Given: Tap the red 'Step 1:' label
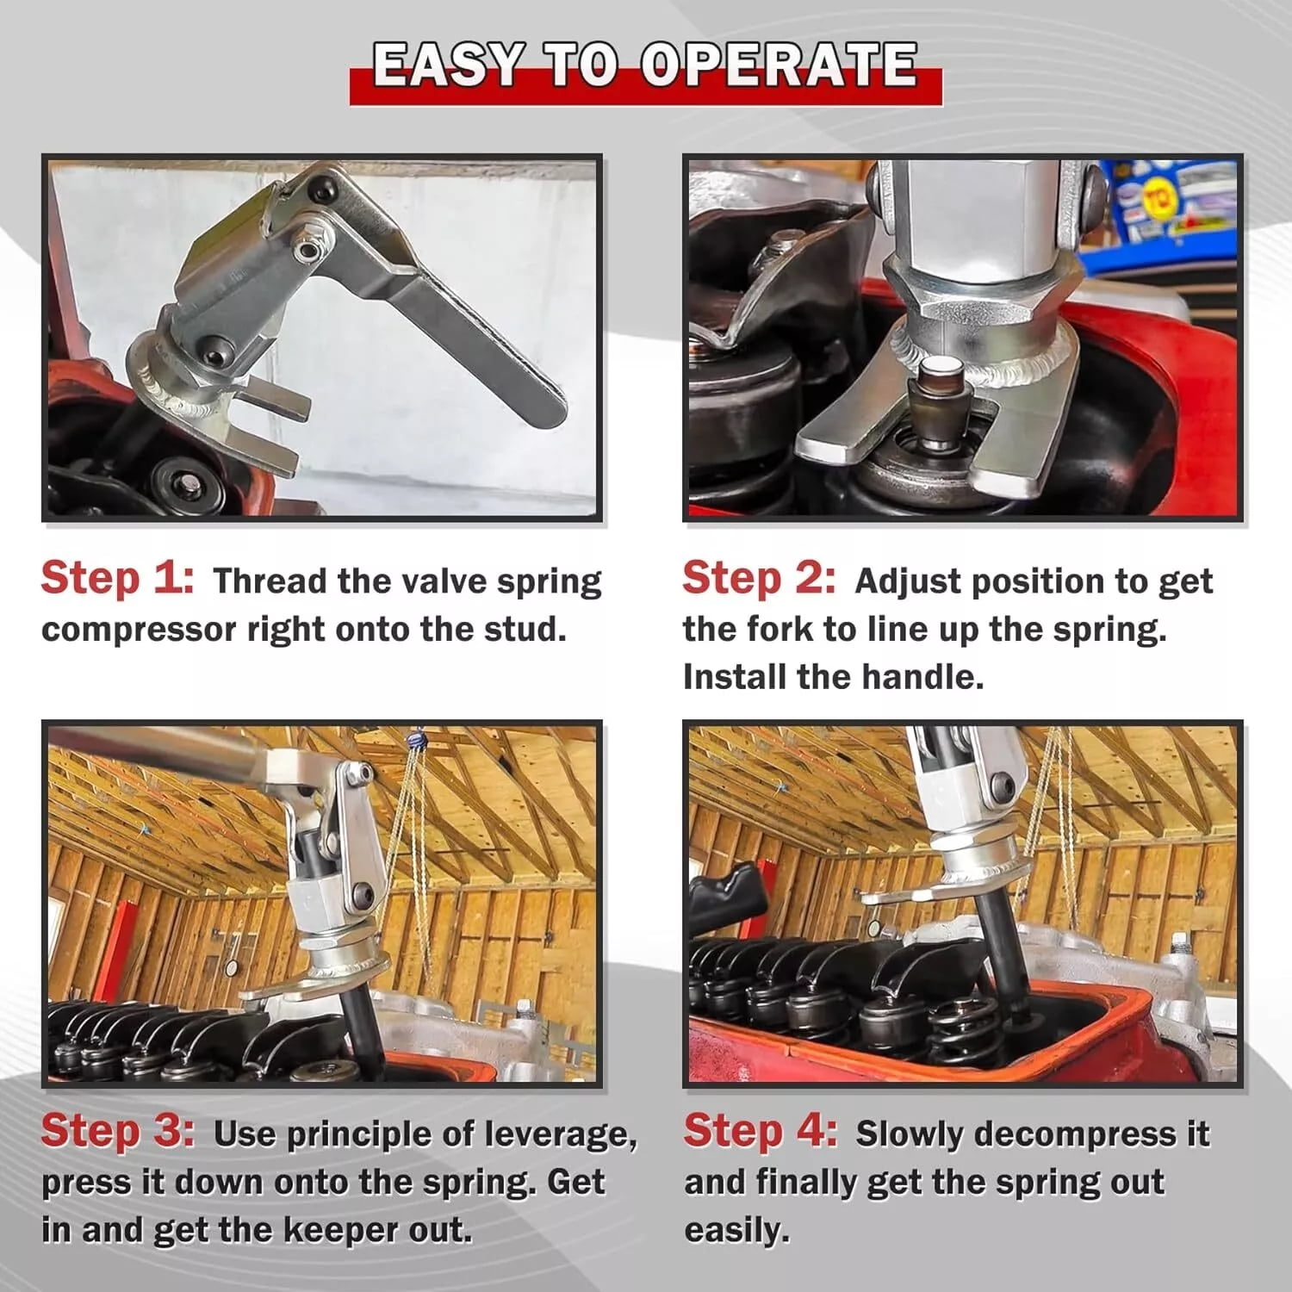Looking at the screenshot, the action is tap(118, 578).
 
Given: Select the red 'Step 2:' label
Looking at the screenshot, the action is tap(759, 578).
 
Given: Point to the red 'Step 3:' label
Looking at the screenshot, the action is tap(118, 1131).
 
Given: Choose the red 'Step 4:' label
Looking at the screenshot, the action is tap(760, 1131).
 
